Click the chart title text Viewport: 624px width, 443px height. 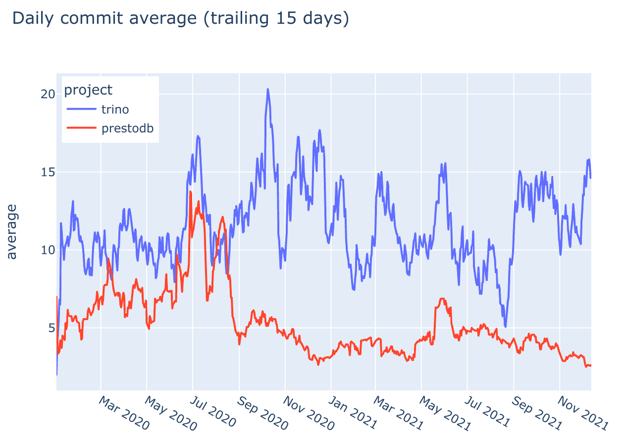tap(180, 18)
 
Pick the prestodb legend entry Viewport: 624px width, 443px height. tap(127, 128)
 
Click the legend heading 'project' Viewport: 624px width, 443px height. tap(89, 90)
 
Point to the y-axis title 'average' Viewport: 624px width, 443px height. tap(12, 231)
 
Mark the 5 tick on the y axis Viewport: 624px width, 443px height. tap(49, 328)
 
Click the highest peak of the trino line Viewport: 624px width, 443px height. tap(267, 90)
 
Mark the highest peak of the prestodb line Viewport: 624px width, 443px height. tap(190, 191)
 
